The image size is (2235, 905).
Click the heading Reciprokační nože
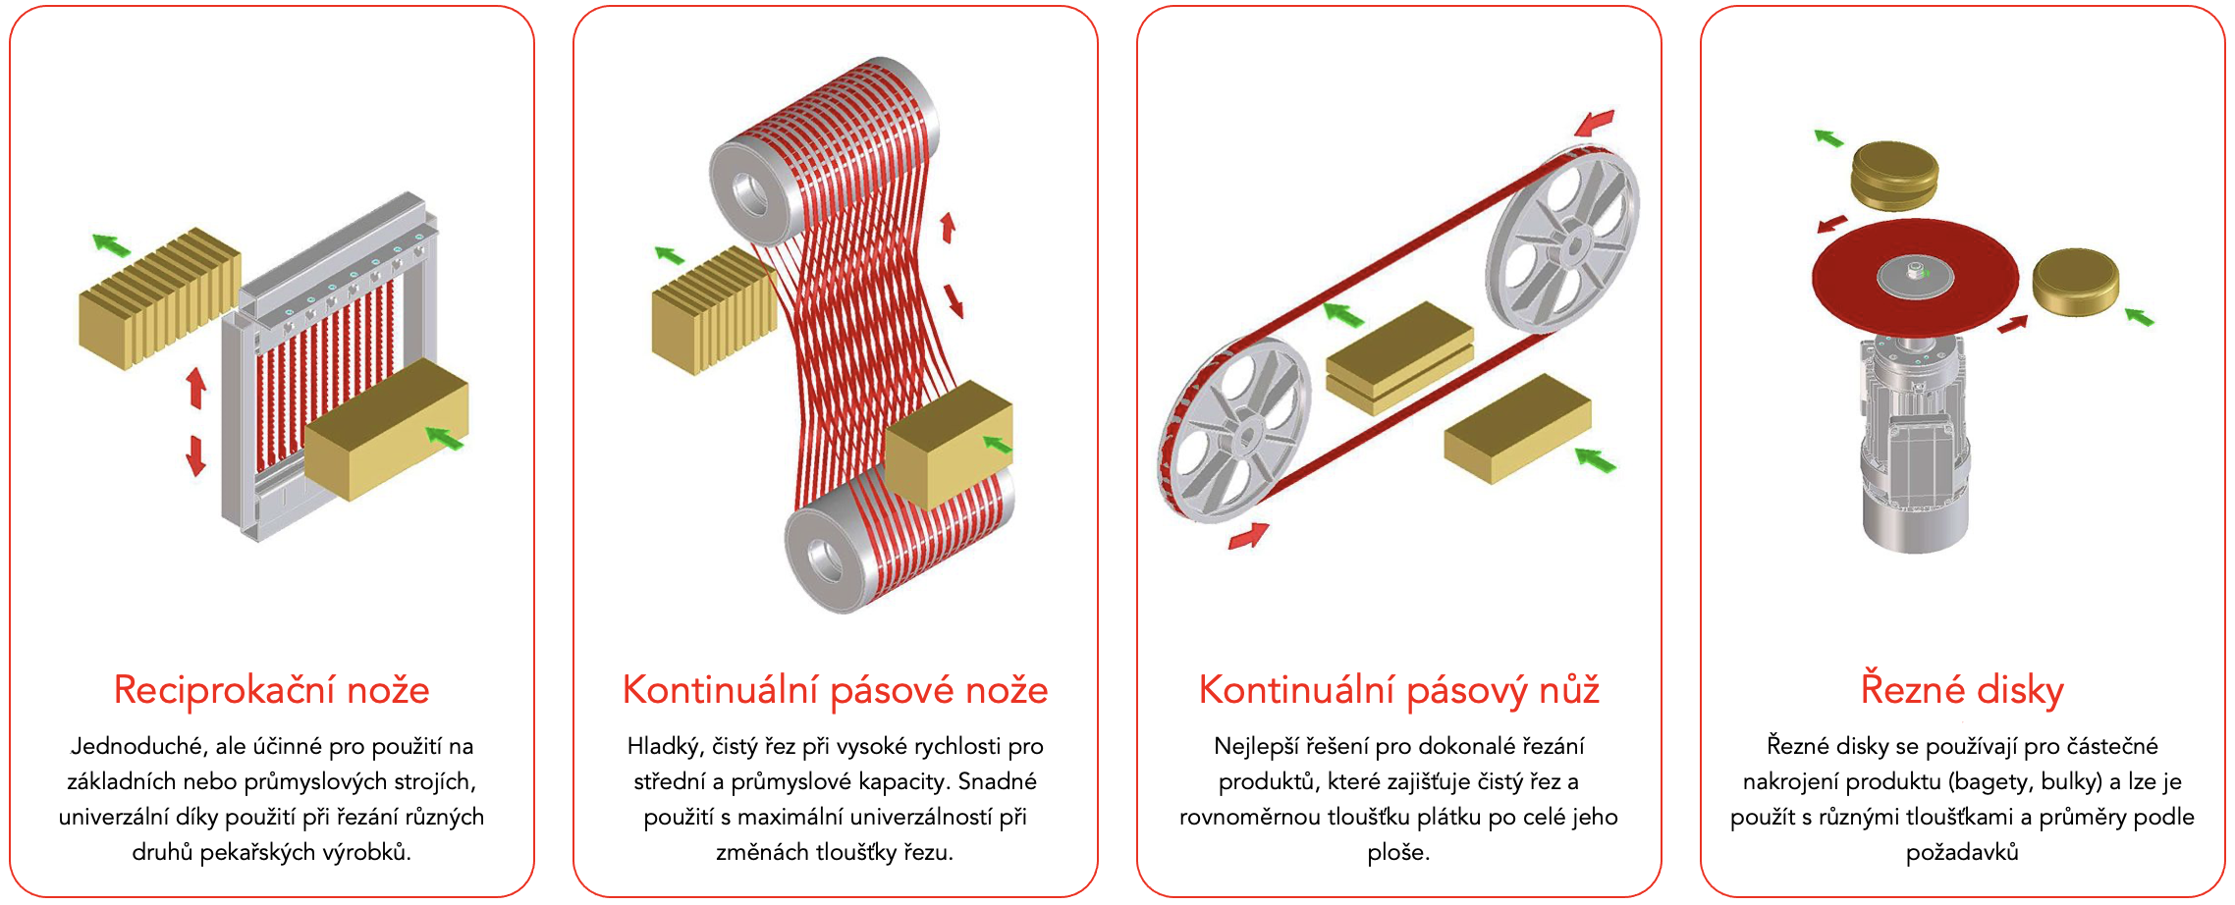[272, 690]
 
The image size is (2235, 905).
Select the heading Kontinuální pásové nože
[836, 691]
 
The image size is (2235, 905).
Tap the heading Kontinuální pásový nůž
[1399, 691]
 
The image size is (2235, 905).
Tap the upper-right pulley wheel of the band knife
[1562, 240]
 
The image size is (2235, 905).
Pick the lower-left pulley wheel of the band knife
[1234, 431]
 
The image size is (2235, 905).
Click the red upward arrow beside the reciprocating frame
[196, 387]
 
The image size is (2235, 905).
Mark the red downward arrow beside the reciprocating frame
[196, 455]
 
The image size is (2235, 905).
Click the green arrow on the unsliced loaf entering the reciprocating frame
[445, 438]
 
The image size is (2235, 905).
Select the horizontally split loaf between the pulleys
[1399, 358]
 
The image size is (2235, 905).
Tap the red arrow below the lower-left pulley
[1248, 536]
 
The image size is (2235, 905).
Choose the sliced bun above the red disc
[1895, 176]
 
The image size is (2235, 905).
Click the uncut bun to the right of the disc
[2075, 283]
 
